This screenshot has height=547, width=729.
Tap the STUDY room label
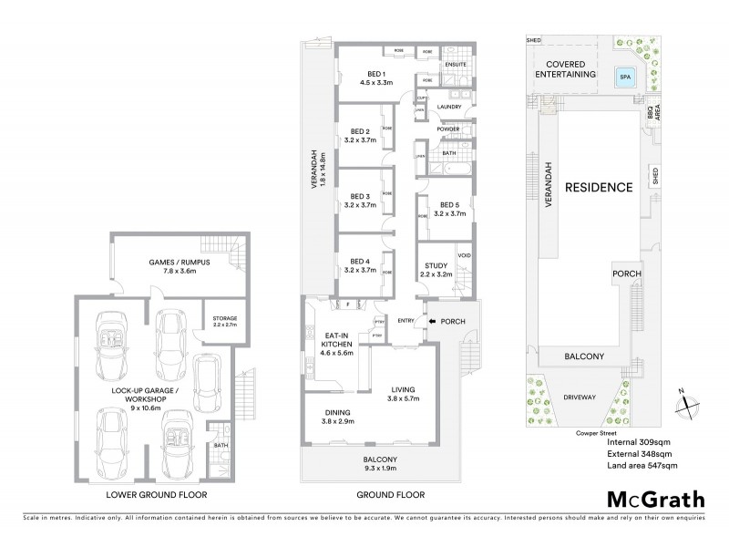[436, 268]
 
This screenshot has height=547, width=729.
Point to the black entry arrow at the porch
[433, 320]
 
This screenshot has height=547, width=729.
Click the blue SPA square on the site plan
[624, 77]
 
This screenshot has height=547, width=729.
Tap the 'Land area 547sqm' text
[642, 465]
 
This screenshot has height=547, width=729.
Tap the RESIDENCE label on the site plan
[598, 188]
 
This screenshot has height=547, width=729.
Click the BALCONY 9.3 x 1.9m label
[369, 463]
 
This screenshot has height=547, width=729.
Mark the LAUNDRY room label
[449, 107]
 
